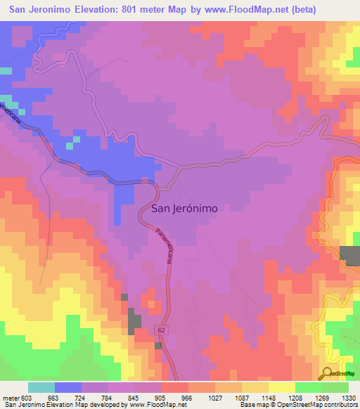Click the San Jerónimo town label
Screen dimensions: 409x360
(184, 209)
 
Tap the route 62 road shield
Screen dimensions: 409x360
(162, 329)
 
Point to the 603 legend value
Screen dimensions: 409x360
(25, 398)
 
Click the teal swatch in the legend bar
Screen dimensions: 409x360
(41, 387)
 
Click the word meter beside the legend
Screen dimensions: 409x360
(9, 398)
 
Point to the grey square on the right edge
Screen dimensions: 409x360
(349, 256)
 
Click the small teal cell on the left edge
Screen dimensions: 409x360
(6, 70)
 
